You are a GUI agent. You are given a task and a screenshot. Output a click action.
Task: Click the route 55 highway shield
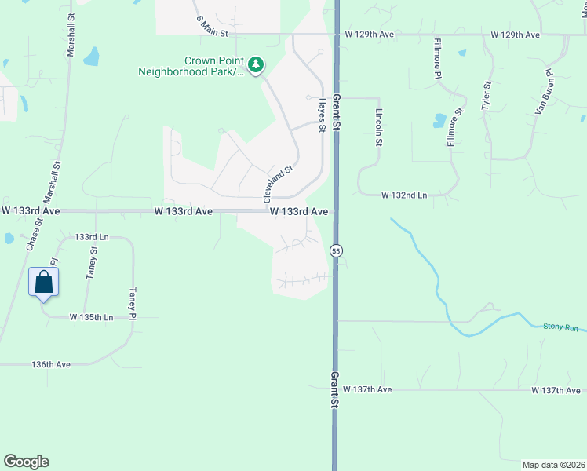tap(336, 250)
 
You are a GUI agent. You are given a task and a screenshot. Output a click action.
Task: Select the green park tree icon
tap(256, 64)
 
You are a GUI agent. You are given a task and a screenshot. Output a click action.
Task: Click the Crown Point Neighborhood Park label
tap(199, 66)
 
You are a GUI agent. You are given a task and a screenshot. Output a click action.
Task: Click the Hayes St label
tap(322, 115)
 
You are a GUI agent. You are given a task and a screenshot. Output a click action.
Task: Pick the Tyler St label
tap(487, 95)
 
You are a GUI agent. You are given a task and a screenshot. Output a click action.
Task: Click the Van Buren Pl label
tap(544, 93)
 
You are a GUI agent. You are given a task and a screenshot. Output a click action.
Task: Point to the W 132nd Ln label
tap(405, 195)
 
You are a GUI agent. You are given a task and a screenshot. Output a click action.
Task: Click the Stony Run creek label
tap(560, 327)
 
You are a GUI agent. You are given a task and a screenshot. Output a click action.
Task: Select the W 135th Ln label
tap(91, 317)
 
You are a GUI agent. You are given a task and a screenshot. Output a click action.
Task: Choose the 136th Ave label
tap(52, 364)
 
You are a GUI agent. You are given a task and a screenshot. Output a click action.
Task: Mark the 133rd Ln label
tap(91, 236)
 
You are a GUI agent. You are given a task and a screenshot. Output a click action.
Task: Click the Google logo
tap(26, 462)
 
